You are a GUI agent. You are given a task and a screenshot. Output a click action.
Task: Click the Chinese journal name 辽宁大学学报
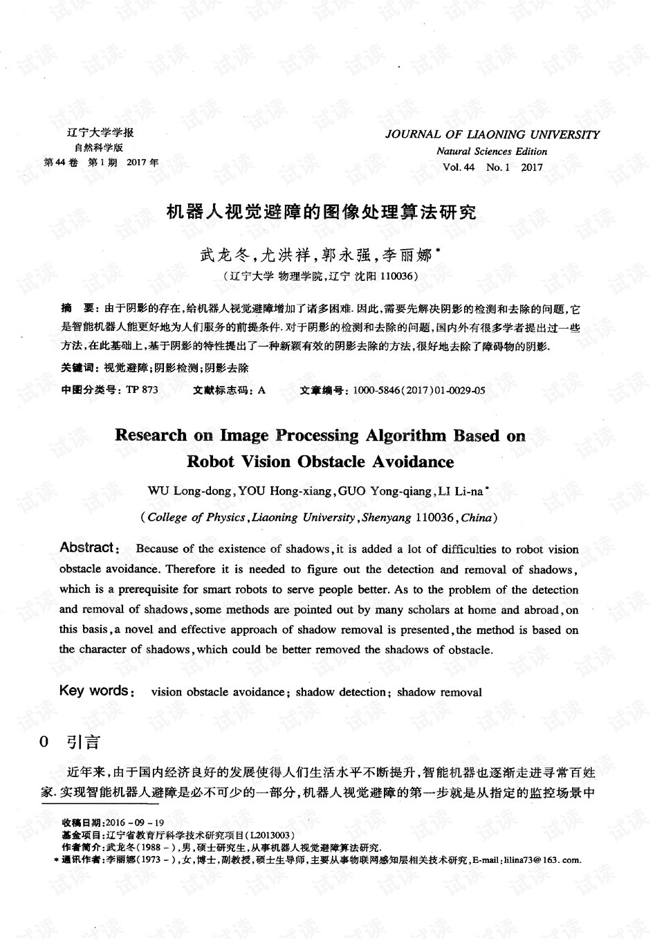click(x=100, y=133)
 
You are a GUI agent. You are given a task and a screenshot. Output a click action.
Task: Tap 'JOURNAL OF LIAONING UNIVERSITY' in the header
click(x=492, y=134)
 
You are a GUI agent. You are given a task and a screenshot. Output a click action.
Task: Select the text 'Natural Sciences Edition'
click(x=492, y=152)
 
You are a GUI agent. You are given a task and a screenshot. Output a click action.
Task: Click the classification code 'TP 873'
click(x=142, y=390)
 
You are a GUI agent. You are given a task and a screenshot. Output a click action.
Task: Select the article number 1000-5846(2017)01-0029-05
click(x=418, y=390)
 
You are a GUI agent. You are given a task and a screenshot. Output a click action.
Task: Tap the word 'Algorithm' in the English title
click(x=405, y=435)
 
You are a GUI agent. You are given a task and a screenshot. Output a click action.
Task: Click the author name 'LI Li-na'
click(x=460, y=491)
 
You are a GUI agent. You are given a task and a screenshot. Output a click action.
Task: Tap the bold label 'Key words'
click(x=93, y=691)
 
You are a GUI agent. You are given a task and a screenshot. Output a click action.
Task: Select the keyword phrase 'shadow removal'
click(x=439, y=692)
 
